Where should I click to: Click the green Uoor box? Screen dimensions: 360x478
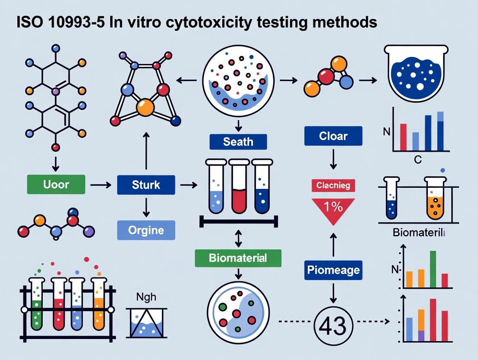point(56,184)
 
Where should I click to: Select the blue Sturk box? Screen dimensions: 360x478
point(145,185)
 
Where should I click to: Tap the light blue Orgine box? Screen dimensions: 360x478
point(146,230)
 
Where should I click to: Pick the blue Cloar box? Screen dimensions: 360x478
point(333,136)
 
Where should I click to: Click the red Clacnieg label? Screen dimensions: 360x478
point(333,186)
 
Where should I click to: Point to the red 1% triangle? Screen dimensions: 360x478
point(333,209)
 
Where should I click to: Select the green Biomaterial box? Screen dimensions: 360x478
point(238,258)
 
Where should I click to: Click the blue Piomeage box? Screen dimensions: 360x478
point(333,270)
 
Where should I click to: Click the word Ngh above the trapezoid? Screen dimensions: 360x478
point(146,298)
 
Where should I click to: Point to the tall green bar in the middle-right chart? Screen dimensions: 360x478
point(433,269)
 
